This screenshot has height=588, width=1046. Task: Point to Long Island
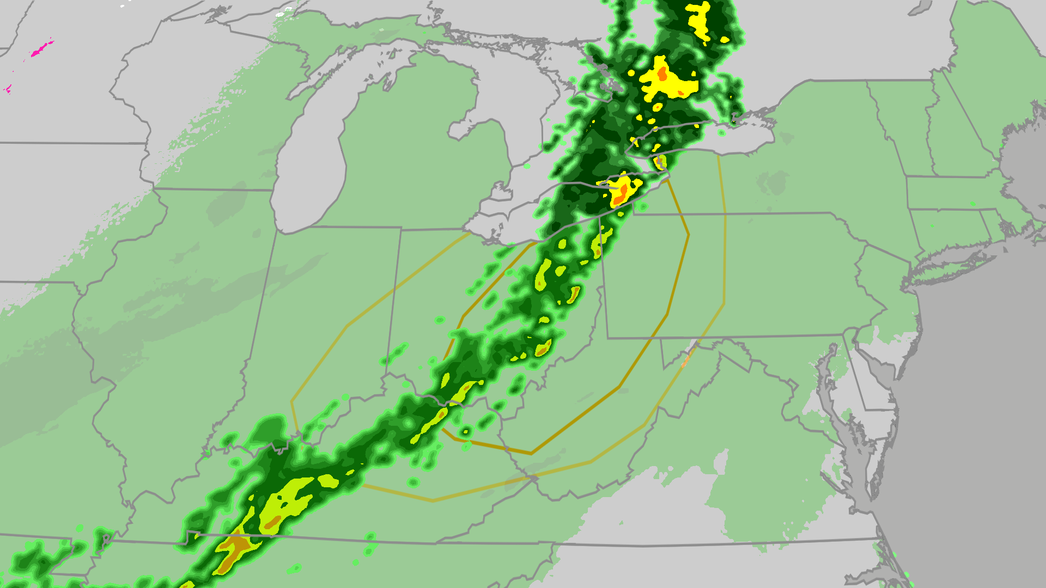(x=959, y=267)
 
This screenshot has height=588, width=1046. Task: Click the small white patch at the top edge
(x=281, y=14)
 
